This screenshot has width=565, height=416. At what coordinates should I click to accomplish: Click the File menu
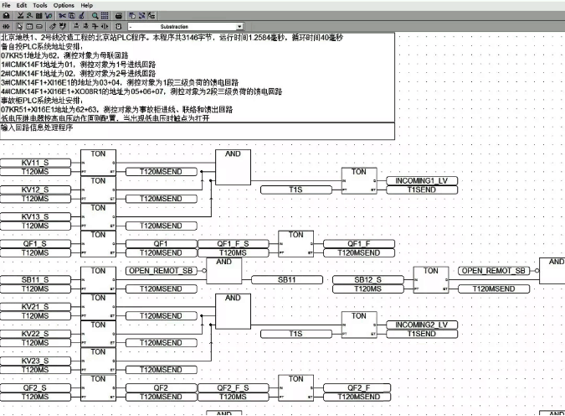[x=8, y=5]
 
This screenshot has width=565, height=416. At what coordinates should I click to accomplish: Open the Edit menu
[x=23, y=5]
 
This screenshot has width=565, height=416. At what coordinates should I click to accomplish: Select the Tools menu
[x=40, y=5]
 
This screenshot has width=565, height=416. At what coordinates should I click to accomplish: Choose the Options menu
[x=64, y=5]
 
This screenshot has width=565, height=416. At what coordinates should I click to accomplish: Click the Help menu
[x=87, y=5]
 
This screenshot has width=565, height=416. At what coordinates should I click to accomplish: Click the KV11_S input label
[x=35, y=162]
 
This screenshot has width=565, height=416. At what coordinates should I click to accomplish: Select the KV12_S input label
[x=35, y=190]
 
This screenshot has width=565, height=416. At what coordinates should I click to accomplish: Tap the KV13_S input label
[x=35, y=217]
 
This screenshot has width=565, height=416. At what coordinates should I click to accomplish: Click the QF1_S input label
[x=35, y=243]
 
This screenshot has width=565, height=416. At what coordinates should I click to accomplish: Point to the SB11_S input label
[x=35, y=279]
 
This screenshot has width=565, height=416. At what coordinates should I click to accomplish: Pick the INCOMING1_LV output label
[x=422, y=181]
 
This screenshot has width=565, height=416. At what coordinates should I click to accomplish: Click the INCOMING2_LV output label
[x=422, y=325]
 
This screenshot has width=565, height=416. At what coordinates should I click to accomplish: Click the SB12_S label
[x=368, y=279]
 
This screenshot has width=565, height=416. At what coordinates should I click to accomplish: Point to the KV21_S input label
[x=35, y=306]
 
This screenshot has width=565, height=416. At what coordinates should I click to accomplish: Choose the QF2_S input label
[x=35, y=387]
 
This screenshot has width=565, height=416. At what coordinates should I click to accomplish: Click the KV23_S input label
[x=35, y=361]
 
